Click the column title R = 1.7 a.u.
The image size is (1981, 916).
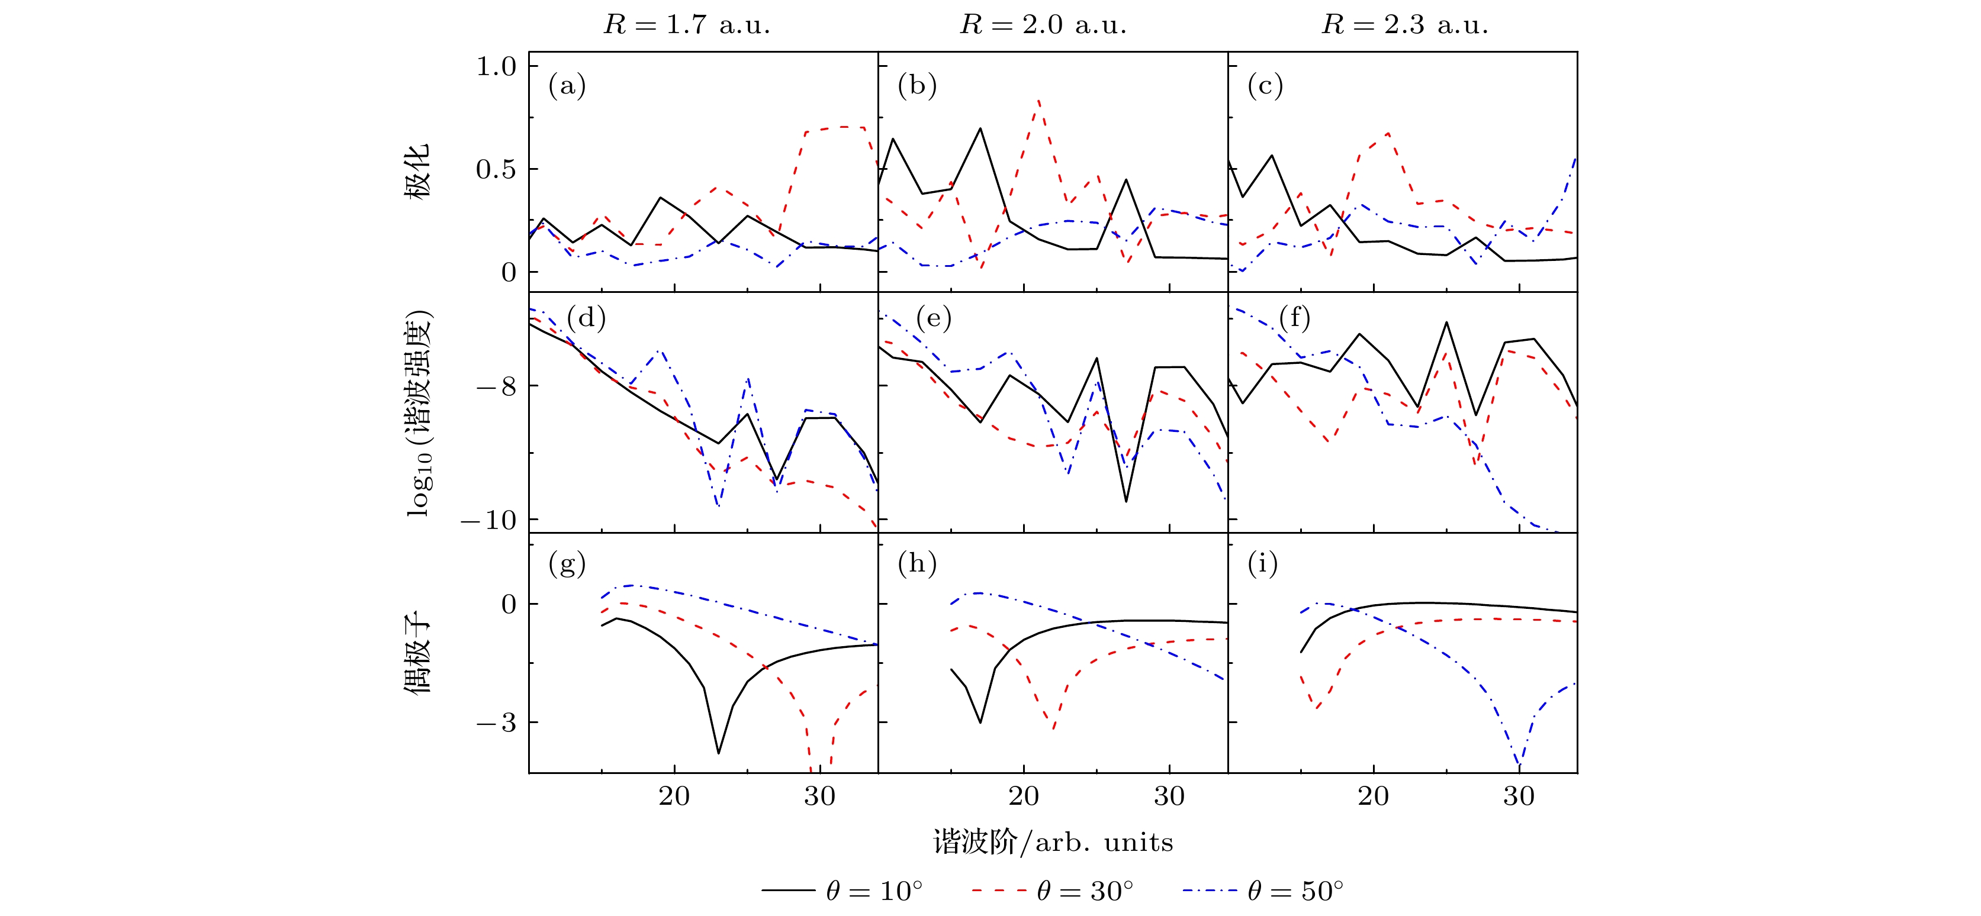pyautogui.click(x=686, y=25)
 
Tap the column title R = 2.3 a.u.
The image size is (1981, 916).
pyautogui.click(x=1404, y=25)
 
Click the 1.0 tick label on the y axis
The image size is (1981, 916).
pyautogui.click(x=496, y=66)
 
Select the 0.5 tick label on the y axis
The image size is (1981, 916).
pyautogui.click(x=496, y=169)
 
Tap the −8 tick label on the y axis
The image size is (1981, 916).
pyautogui.click(x=496, y=386)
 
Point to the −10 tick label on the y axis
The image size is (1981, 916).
pyautogui.click(x=489, y=520)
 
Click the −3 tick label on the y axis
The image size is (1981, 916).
pyautogui.click(x=496, y=723)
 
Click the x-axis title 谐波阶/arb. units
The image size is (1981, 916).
pyautogui.click(x=1053, y=842)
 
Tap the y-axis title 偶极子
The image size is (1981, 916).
pyautogui.click(x=417, y=653)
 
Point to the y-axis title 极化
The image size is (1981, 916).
pyautogui.click(x=417, y=170)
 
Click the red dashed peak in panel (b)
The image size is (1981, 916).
pyautogui.click(x=1039, y=100)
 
